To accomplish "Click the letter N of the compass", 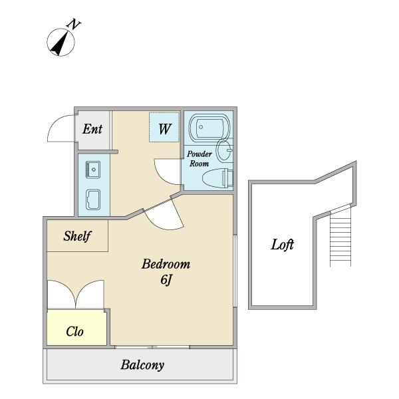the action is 74,24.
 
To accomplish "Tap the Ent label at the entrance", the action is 92,129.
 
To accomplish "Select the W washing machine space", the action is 164,127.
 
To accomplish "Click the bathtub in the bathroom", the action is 209,127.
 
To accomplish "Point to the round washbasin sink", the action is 224,150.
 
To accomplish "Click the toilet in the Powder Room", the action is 218,178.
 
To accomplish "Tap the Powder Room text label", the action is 199,158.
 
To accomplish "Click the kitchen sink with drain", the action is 93,170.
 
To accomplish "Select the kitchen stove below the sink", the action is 93,199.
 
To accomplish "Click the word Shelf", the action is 77,236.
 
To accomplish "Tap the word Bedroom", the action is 166,264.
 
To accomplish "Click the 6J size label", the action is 166,280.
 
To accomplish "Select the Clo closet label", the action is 74,332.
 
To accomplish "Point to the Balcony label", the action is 142,365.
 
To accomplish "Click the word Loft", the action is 282,245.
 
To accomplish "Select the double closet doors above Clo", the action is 76,295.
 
